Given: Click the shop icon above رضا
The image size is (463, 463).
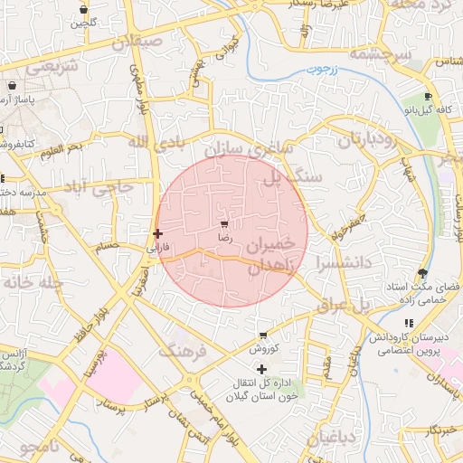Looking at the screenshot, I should coord(224,222).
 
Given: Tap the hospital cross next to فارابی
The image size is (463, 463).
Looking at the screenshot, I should coord(157,233).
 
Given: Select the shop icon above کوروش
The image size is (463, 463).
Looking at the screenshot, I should coord(263,335).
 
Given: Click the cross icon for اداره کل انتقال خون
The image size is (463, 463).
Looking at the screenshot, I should coord(262,369).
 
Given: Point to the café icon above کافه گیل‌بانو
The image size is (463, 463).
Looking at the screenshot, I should coord(428,96).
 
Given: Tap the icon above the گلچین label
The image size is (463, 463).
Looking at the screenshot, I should coord(83,10).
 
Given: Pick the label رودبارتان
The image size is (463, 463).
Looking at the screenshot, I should coord(369,140).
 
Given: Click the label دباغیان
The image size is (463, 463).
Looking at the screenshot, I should coord(334,439).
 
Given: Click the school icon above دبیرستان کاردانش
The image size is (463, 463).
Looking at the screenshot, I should coord(409,323).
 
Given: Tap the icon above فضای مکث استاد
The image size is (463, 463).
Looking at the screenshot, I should coord(422,273).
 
